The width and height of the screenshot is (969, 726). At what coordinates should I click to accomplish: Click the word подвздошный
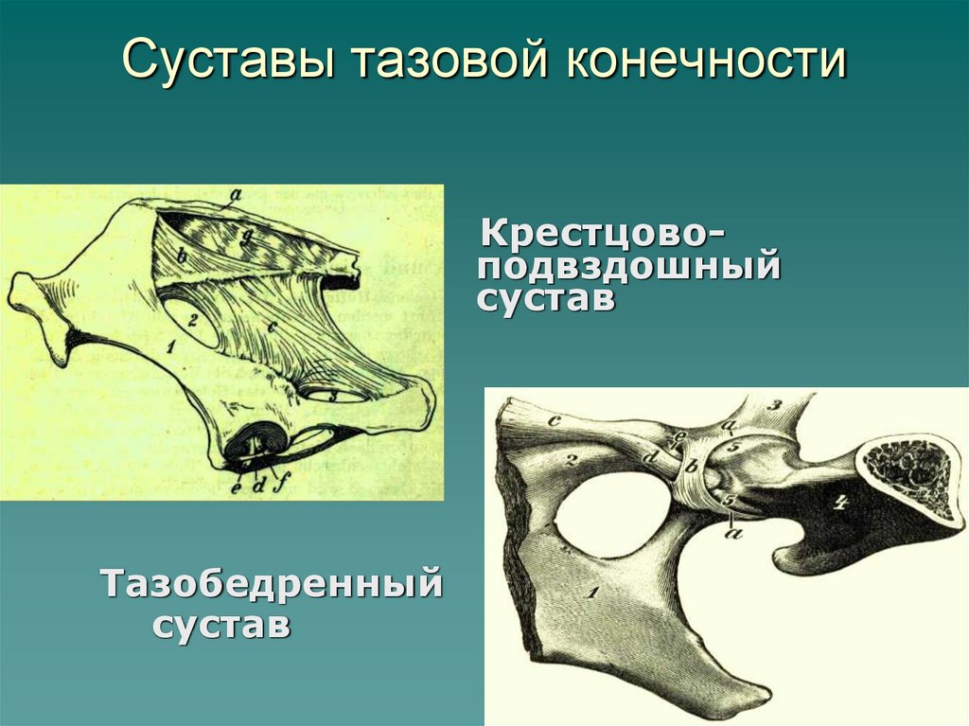(x=629, y=267)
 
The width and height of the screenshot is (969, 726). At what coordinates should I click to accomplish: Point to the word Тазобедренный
(x=272, y=584)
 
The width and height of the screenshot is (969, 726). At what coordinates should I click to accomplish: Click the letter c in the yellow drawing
(x=272, y=327)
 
